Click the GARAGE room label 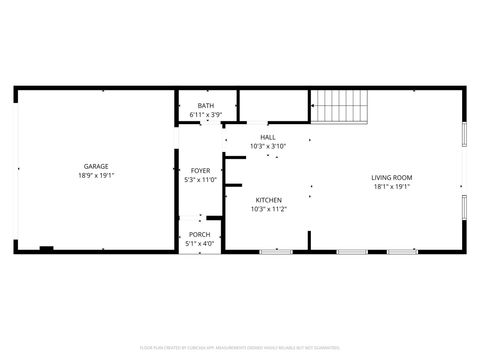point(96,166)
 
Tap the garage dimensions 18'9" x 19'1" point(96,175)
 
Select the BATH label point(205,106)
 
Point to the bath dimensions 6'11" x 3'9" point(205,115)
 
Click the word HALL point(267,137)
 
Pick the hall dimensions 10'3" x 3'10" point(268,146)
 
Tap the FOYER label point(200,171)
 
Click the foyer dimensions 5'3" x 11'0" point(200,180)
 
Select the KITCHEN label point(268,199)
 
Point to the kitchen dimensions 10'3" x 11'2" point(268,209)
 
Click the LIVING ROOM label point(392,177)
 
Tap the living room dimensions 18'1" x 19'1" point(392,187)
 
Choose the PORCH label point(200,235)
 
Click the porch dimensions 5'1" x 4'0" point(200,244)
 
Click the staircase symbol point(340,104)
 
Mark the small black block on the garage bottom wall point(46,247)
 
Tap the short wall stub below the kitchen point(309,240)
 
